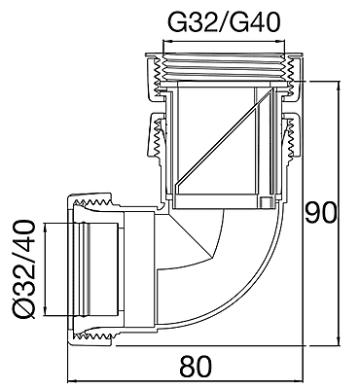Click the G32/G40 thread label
223,22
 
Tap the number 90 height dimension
321,213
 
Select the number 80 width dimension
196,367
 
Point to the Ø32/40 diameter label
24,269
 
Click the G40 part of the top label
254,22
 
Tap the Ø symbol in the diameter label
24,309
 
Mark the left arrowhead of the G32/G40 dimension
165,41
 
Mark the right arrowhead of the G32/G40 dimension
282,41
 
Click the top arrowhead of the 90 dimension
340,85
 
